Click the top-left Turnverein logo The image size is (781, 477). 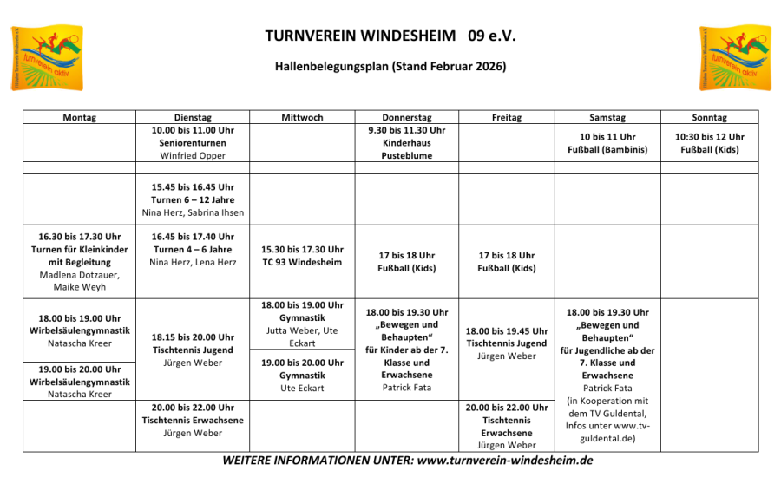coord(47,58)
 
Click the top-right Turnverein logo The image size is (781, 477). coord(734,58)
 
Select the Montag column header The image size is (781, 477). coord(80,117)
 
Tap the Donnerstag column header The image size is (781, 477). coord(406,117)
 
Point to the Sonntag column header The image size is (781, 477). coord(709,117)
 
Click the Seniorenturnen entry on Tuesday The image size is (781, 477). coord(192,142)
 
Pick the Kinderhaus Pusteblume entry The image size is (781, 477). coord(406,142)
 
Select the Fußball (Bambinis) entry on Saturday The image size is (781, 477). coord(607,143)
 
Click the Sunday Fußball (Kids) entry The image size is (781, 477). coord(709,143)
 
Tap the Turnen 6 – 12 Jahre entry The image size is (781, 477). coord(192,199)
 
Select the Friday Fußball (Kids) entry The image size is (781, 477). coord(507,262)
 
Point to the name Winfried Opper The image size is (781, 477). coord(192,155)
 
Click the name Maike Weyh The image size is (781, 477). coord(79,286)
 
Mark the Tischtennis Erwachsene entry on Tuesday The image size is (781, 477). coord(192,420)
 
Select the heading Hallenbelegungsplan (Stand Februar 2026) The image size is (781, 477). coord(390,66)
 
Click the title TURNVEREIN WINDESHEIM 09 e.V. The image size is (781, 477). coord(390,36)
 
